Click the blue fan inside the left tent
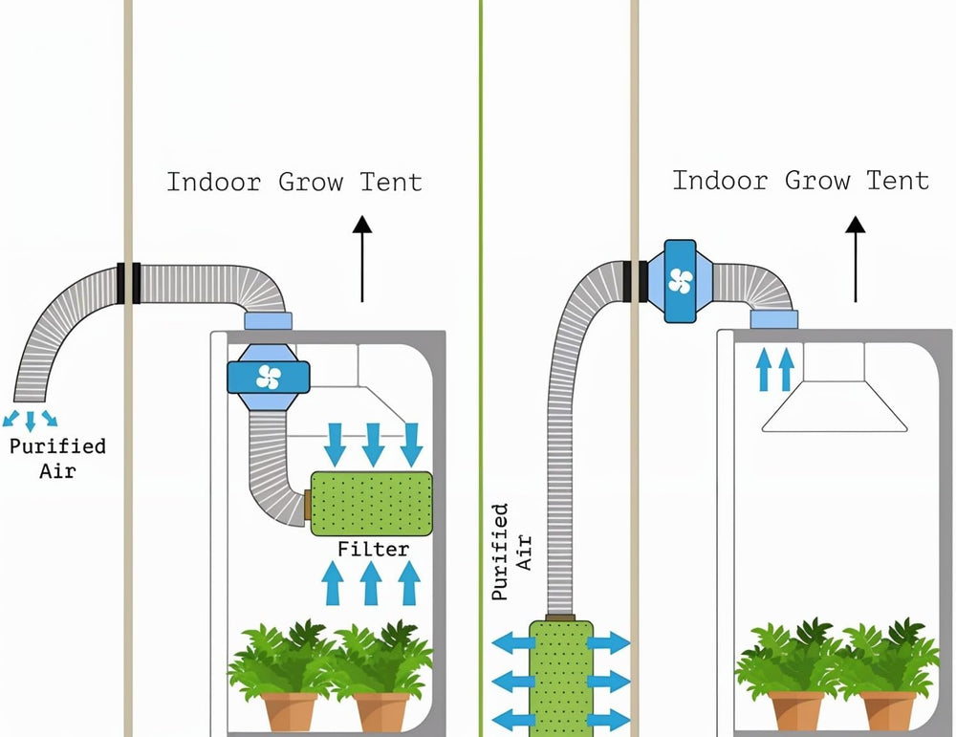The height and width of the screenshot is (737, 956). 268,378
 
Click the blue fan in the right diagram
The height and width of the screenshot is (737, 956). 680,281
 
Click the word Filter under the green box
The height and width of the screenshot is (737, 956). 373,550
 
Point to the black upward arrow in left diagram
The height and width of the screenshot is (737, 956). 361,258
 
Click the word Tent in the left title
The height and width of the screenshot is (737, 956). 391,182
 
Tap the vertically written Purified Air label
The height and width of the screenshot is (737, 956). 511,553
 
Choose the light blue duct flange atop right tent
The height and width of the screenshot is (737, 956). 773,319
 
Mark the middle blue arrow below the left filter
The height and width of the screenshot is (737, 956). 371,583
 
